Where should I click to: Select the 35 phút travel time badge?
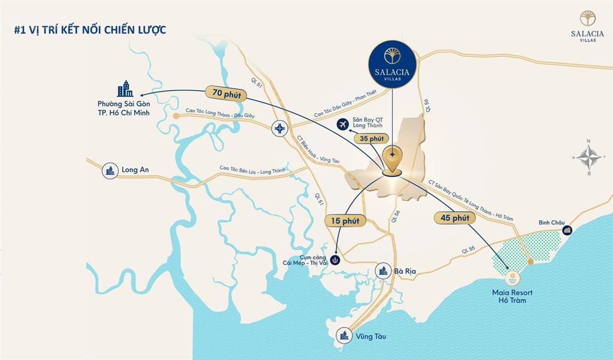tap(368, 138)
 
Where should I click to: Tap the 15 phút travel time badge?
tap(345, 221)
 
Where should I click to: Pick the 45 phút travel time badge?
tap(454, 218)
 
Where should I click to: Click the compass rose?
tap(590, 158)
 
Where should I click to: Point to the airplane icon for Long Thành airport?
tap(342, 125)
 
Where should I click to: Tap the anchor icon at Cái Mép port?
tap(336, 260)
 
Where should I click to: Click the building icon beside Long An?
tap(110, 170)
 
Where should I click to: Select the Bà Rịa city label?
tap(405, 271)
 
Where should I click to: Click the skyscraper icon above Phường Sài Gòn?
tap(125, 89)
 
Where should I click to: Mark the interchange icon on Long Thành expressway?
tap(280, 128)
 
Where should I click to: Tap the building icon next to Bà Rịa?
tap(383, 271)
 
